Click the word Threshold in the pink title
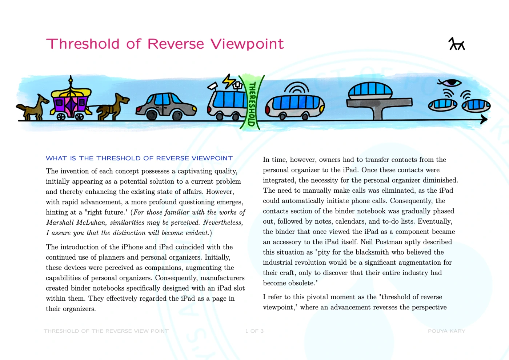pyautogui.click(x=83, y=44)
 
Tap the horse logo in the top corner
pyautogui.click(x=457, y=44)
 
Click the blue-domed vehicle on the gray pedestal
pyautogui.click(x=370, y=91)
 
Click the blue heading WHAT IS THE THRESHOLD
pyautogui.click(x=139, y=158)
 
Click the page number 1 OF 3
pyautogui.click(x=254, y=331)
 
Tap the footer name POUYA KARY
pyautogui.click(x=446, y=331)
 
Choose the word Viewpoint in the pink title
pyautogui.click(x=247, y=44)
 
